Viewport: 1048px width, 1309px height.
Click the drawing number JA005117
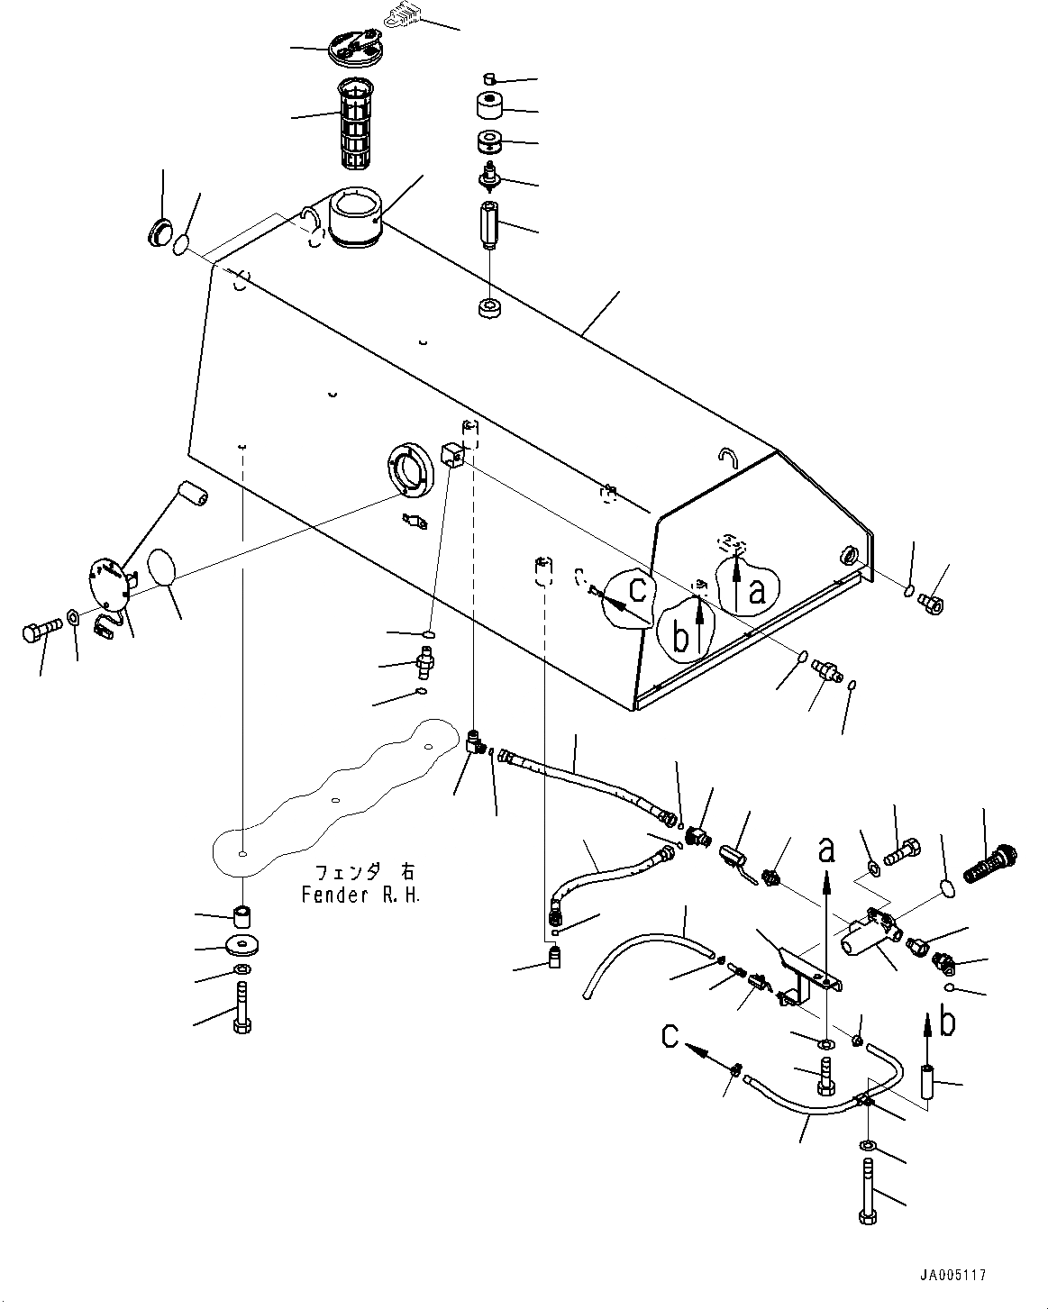click(953, 1276)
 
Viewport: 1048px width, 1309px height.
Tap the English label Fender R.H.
click(359, 896)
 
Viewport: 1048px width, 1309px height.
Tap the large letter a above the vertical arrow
click(826, 849)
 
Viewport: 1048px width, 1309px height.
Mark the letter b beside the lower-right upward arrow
click(946, 1023)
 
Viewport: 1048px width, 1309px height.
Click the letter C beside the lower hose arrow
click(669, 1037)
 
